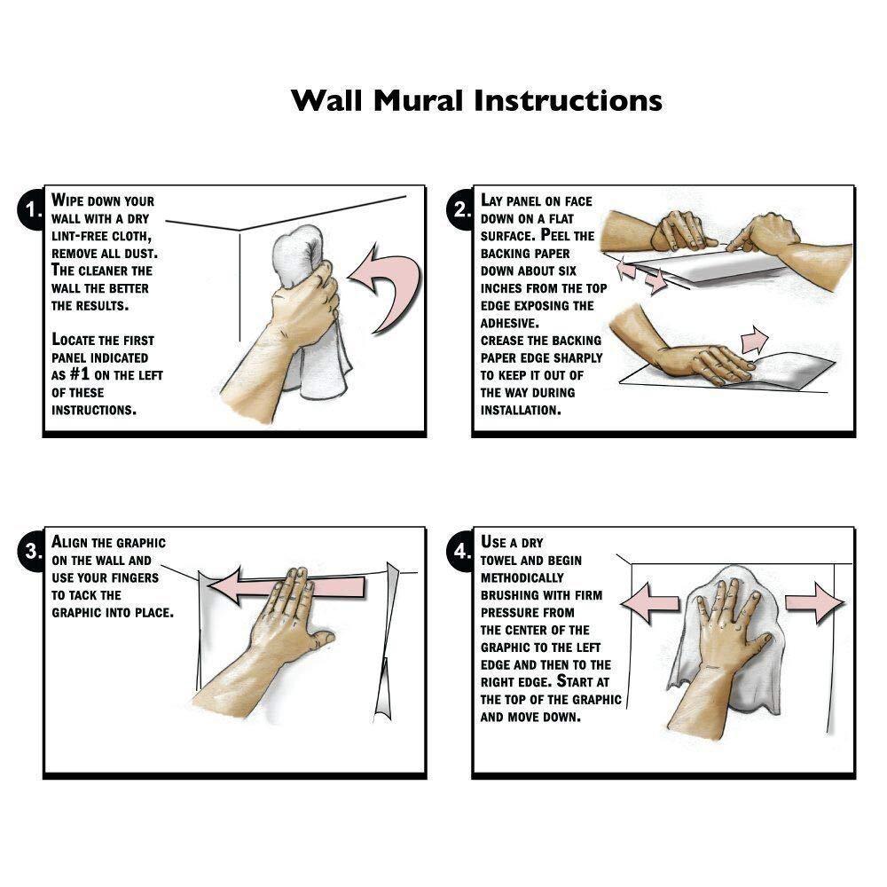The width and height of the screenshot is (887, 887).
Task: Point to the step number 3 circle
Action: [32, 551]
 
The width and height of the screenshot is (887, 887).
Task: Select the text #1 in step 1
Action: [80, 374]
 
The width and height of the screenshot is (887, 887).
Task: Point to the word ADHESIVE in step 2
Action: [509, 323]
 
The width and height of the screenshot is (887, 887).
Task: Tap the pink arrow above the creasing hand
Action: [755, 340]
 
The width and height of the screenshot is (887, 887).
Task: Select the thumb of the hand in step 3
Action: [324, 640]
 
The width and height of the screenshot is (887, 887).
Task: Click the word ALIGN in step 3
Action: [70, 542]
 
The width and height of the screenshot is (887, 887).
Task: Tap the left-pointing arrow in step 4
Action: [649, 603]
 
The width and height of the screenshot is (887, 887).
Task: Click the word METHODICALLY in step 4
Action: [522, 577]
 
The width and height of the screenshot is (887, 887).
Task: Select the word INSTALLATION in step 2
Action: [521, 410]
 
